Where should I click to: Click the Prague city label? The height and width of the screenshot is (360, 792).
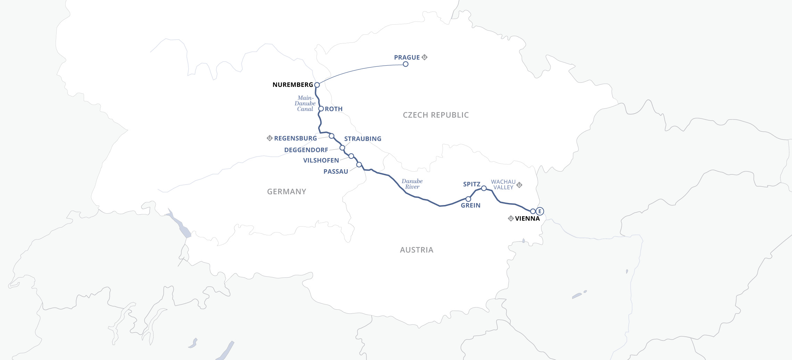pyautogui.click(x=407, y=57)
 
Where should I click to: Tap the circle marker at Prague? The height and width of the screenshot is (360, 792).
pyautogui.click(x=405, y=64)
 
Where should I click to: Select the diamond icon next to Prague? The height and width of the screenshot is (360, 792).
pyautogui.click(x=424, y=57)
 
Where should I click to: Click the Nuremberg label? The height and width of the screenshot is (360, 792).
pyautogui.click(x=292, y=85)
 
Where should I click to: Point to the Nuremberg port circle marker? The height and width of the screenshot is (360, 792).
pyautogui.click(x=317, y=85)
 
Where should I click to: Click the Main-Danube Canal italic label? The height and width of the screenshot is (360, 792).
pyautogui.click(x=305, y=104)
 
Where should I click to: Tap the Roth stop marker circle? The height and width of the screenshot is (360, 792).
pyautogui.click(x=321, y=109)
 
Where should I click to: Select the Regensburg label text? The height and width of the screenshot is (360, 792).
pyautogui.click(x=295, y=138)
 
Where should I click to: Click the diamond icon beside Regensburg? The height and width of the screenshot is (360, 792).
pyautogui.click(x=269, y=138)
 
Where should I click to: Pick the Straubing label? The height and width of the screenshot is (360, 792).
pyautogui.click(x=363, y=139)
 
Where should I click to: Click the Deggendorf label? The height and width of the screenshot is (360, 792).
pyautogui.click(x=306, y=150)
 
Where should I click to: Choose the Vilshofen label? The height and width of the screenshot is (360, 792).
pyautogui.click(x=321, y=161)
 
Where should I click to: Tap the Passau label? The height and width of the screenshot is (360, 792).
pyautogui.click(x=336, y=172)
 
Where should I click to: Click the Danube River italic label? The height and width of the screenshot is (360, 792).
pyautogui.click(x=412, y=184)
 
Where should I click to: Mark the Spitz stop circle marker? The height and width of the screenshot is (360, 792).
pyautogui.click(x=484, y=188)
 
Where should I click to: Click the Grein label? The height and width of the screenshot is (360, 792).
pyautogui.click(x=470, y=205)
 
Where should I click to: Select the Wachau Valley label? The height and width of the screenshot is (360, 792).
pyautogui.click(x=503, y=185)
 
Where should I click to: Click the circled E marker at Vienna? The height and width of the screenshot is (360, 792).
pyautogui.click(x=539, y=211)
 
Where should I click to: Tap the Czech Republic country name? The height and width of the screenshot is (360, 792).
pyautogui.click(x=436, y=115)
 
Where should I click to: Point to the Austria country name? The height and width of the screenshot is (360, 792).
pyautogui.click(x=416, y=250)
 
